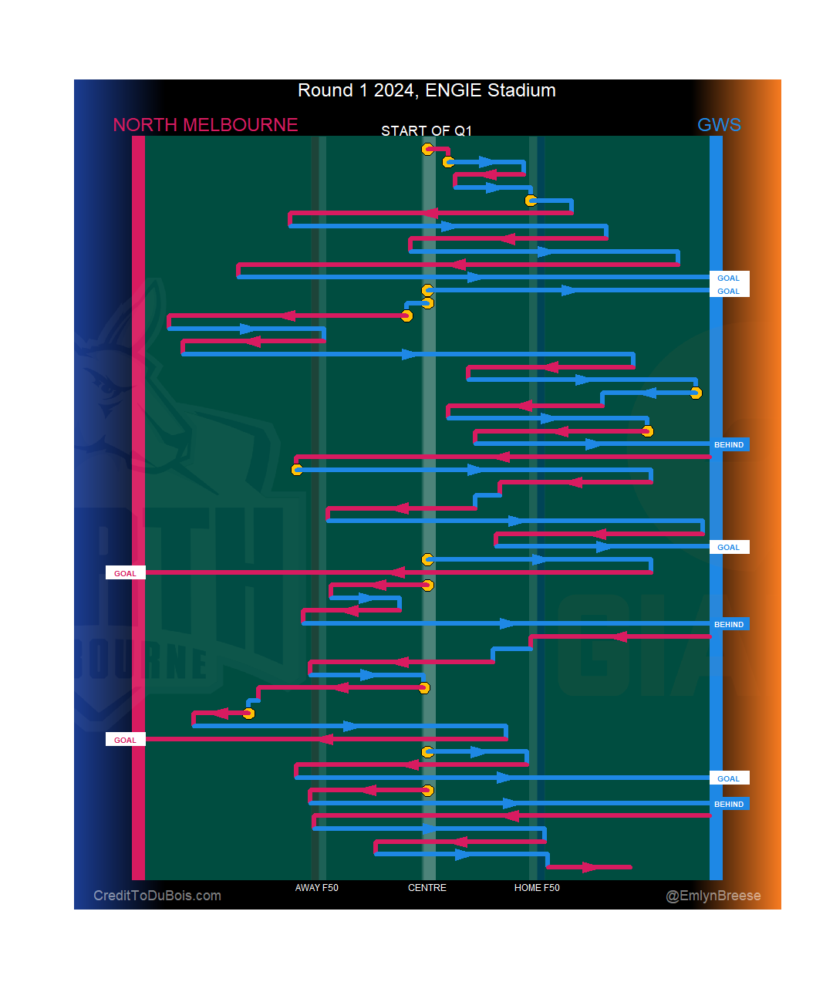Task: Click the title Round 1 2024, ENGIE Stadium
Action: pyautogui.click(x=427, y=90)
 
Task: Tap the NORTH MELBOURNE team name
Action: pyautogui.click(x=205, y=125)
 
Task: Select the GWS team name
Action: pyautogui.click(x=719, y=125)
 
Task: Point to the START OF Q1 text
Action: pyautogui.click(x=427, y=130)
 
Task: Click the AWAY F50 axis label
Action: pyautogui.click(x=316, y=888)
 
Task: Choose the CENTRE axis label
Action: pyautogui.click(x=427, y=888)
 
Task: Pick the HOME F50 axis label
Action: pyautogui.click(x=537, y=888)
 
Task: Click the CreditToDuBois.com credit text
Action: pyautogui.click(x=157, y=896)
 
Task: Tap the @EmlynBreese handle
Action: pyautogui.click(x=713, y=896)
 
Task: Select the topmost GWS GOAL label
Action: pyautogui.click(x=728, y=278)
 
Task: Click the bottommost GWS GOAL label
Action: pyautogui.click(x=728, y=778)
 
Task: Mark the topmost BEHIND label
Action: pyautogui.click(x=729, y=444)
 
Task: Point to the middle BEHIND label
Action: pyautogui.click(x=729, y=624)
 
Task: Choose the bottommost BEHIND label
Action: pyautogui.click(x=729, y=804)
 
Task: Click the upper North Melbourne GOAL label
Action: pyautogui.click(x=125, y=573)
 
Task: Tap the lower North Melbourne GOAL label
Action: pyautogui.click(x=125, y=740)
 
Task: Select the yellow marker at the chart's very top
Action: pyautogui.click(x=428, y=149)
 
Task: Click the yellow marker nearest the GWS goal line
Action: pyautogui.click(x=696, y=393)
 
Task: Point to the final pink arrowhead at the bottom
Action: pyautogui.click(x=589, y=867)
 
